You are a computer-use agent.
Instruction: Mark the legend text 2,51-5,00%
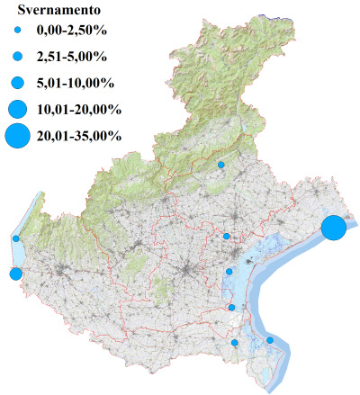point(72,58)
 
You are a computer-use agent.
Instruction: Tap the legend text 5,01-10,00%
point(76,83)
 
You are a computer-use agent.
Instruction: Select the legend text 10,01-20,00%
point(79,110)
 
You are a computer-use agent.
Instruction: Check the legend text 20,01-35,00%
point(79,137)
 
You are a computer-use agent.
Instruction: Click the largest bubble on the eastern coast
point(334,228)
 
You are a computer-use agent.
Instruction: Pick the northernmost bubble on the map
point(221,165)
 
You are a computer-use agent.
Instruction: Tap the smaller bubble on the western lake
point(16,238)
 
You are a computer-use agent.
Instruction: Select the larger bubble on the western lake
point(14,274)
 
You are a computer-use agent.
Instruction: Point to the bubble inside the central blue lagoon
point(229,271)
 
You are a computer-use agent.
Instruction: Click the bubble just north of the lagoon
point(227,237)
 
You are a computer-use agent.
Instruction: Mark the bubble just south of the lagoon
point(232,308)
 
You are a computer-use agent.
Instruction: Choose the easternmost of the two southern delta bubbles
point(270,340)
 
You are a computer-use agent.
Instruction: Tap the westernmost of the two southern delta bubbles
point(235,343)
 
